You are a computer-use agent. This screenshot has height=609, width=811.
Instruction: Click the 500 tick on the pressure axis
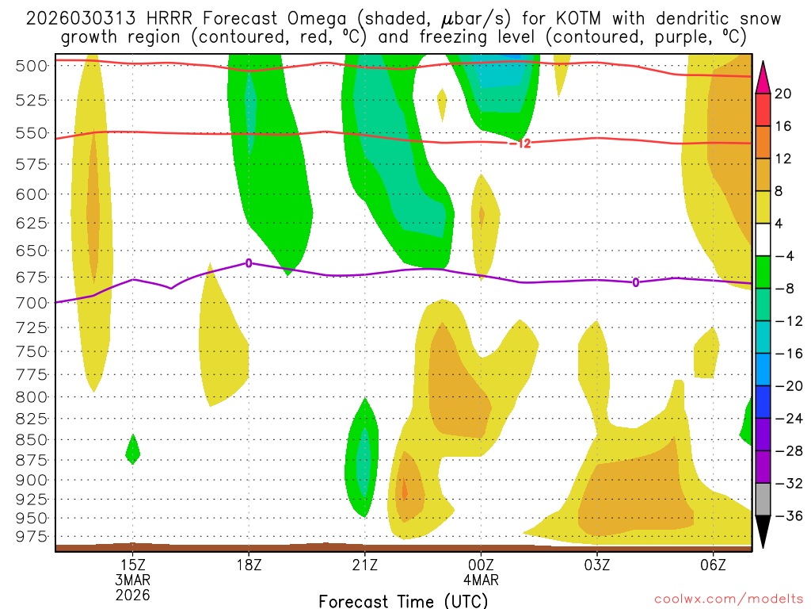[x=32, y=66]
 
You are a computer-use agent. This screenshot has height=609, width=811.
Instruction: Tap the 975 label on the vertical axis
[x=32, y=536]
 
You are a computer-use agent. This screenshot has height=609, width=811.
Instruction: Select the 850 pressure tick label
[x=32, y=439]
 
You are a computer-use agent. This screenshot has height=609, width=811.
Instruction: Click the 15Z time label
[x=132, y=565]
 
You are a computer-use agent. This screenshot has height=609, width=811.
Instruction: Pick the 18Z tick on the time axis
[x=249, y=565]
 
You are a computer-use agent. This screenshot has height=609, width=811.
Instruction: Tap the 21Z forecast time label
[x=364, y=565]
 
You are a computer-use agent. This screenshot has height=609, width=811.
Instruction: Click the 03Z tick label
[x=596, y=565]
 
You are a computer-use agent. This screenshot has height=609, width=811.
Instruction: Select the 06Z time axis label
[x=713, y=565]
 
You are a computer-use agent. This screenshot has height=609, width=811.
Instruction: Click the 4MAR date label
[x=481, y=580]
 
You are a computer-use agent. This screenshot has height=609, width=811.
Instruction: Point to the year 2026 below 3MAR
[x=132, y=594]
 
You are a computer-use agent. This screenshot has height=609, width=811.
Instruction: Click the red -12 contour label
[x=520, y=144]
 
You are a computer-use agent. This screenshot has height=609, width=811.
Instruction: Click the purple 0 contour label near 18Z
[x=249, y=263]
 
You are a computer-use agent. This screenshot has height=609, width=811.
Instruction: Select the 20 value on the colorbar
[x=783, y=94]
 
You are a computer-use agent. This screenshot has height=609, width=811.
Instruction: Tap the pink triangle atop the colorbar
[x=763, y=77]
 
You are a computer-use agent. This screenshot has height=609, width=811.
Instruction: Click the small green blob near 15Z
[x=133, y=450]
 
